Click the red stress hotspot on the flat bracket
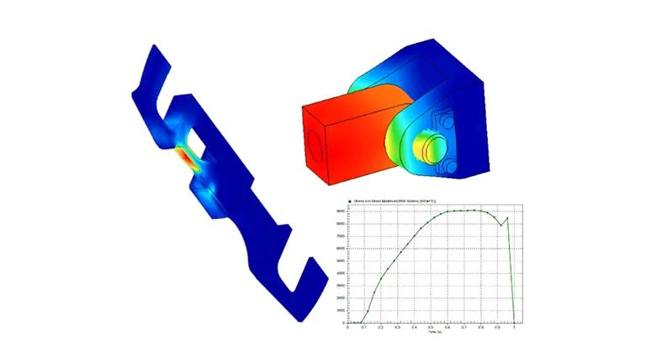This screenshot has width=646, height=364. (183, 158)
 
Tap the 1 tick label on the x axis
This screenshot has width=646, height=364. (514, 327)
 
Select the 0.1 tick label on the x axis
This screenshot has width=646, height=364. (364, 327)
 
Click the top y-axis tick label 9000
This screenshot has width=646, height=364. (342, 211)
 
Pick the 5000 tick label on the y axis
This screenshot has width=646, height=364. (342, 260)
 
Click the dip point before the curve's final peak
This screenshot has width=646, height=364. (500, 225)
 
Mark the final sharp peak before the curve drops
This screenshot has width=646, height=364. (507, 218)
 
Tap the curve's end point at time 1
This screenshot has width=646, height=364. (514, 322)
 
